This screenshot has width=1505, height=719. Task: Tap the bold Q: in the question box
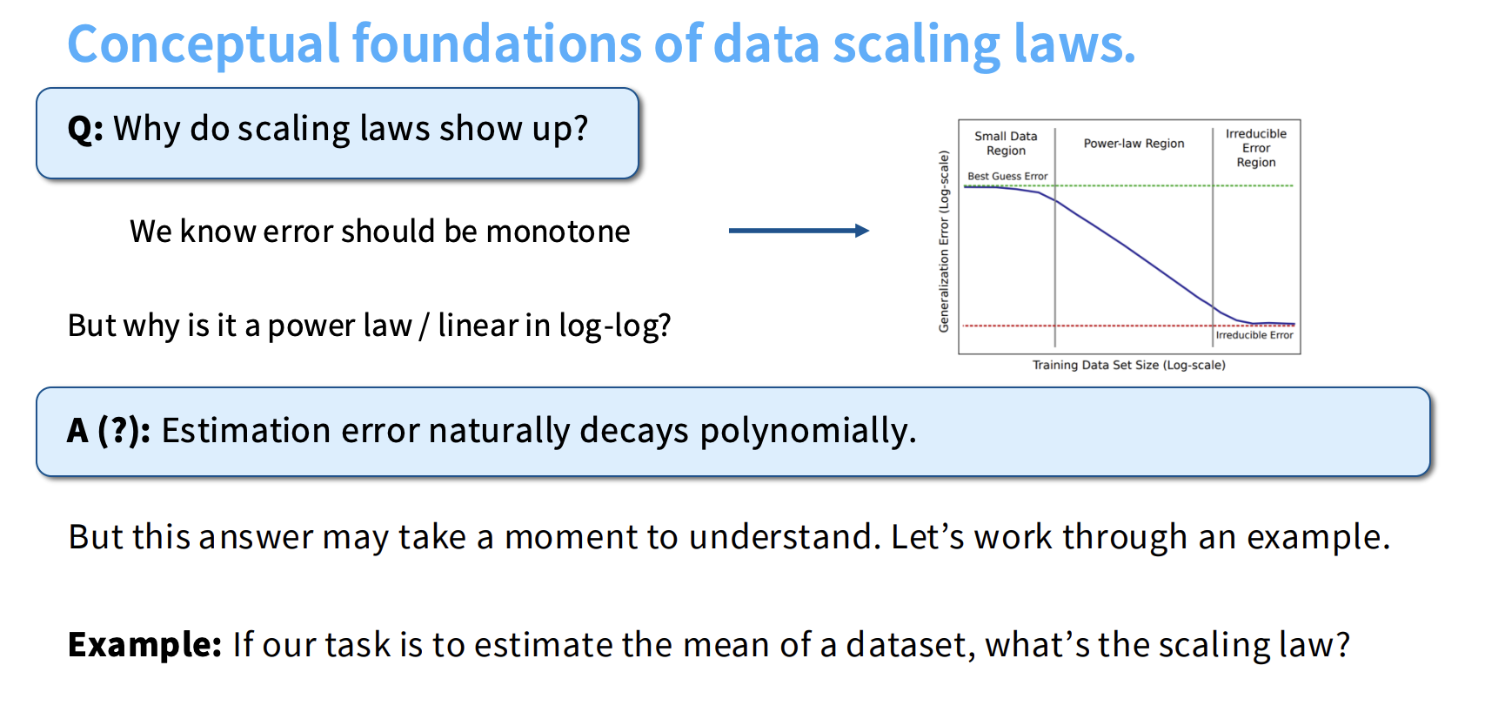[x=86, y=130]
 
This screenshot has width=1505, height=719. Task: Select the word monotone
[x=559, y=232]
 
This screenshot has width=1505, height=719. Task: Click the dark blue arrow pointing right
[x=799, y=231]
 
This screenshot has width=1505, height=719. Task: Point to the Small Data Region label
[x=1006, y=144]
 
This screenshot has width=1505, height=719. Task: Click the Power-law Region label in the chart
[x=1134, y=144]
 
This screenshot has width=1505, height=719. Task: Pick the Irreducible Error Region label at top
[x=1256, y=148]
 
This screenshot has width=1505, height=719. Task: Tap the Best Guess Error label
[x=1007, y=176]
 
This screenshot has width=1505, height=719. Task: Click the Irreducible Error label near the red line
[x=1254, y=335]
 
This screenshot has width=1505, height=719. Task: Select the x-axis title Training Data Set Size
[x=1128, y=365]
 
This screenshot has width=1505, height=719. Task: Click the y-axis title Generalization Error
[x=944, y=241]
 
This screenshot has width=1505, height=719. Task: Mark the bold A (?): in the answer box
[x=109, y=431]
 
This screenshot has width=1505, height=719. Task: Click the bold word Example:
[x=145, y=645]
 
